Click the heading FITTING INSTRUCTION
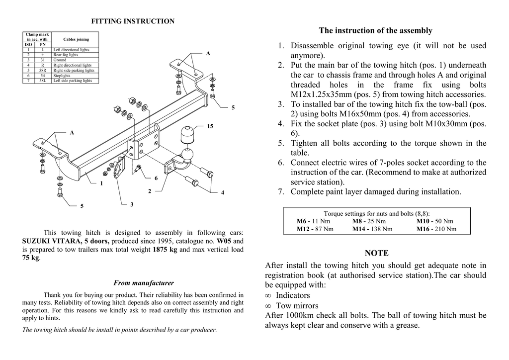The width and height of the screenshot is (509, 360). tap(133, 21)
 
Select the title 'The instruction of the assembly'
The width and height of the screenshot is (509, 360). tap(375, 31)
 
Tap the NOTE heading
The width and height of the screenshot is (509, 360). tap(376, 253)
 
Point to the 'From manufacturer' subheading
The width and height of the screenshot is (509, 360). tap(144, 283)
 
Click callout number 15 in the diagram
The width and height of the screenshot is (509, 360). tap(210, 126)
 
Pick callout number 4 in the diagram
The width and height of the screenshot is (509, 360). tap(222, 192)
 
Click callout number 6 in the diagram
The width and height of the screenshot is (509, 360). tap(156, 178)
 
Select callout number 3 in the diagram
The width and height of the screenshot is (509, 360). tap(132, 204)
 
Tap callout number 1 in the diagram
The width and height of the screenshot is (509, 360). tap(101, 183)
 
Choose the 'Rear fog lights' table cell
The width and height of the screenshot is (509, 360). tap(66, 55)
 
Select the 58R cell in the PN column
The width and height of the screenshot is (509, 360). tap(43, 71)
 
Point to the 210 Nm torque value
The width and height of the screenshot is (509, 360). tap(445, 229)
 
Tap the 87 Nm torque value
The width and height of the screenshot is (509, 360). tap(324, 229)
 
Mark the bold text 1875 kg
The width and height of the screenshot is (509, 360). tap(165, 249)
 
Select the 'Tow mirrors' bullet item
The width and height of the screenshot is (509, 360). tap(297, 306)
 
